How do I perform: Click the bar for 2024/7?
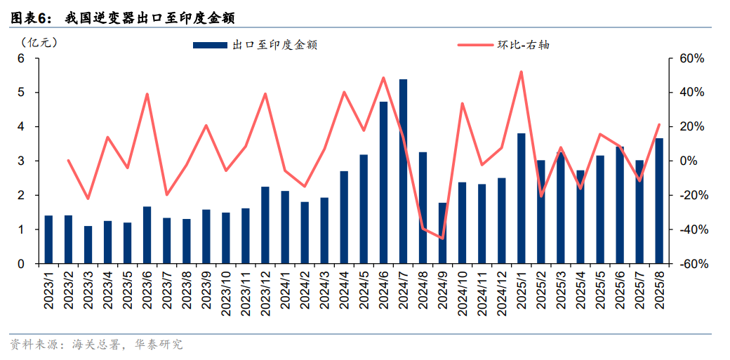403,172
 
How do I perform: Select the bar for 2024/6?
383,183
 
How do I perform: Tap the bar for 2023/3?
88,245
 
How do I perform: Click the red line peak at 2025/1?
521,72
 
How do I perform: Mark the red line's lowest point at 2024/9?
442,239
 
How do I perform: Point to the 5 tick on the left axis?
21,93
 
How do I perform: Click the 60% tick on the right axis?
691,58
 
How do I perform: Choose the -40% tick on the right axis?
691,229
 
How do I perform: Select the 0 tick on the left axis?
21,264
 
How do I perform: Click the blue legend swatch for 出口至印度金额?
210,46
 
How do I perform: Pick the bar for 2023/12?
265,225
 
